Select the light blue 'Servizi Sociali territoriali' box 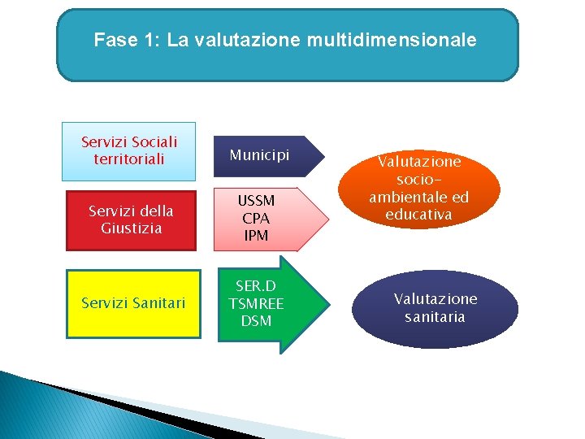point(129,151)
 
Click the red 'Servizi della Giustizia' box point(131,219)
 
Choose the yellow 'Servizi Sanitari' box point(133,303)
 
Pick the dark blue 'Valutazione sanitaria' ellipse point(435,308)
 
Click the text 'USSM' point(257,201)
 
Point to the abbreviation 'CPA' point(257,219)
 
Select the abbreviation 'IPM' point(257,236)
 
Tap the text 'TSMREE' point(256,303)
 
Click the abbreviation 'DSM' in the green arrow point(256,321)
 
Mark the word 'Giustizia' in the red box point(131,228)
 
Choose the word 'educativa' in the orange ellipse point(419,215)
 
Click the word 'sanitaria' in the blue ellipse point(435,317)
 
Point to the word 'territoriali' point(129,159)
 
